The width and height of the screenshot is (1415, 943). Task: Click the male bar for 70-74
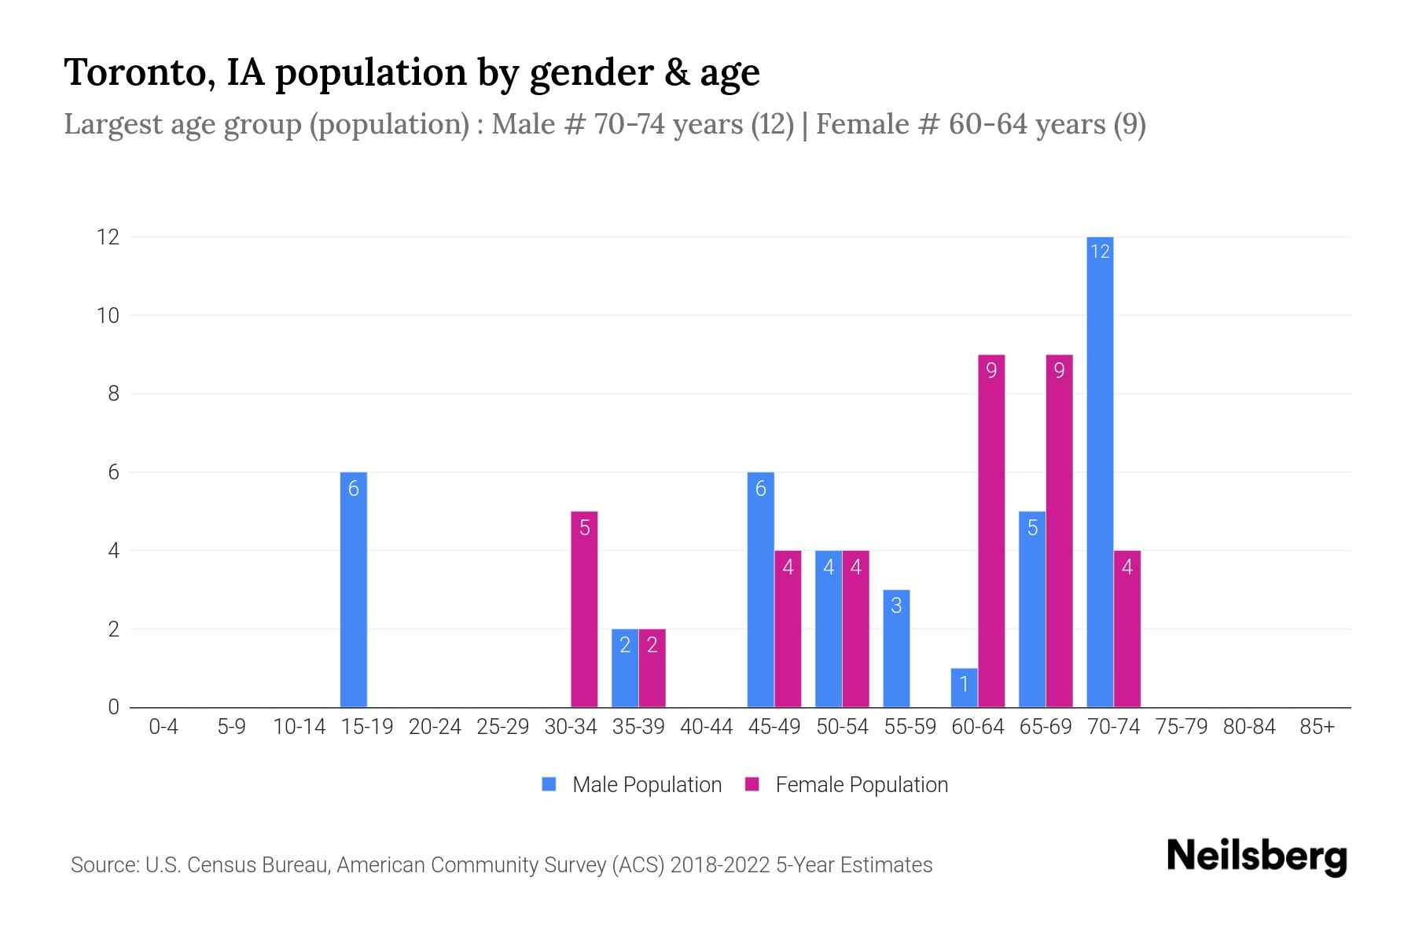click(1100, 472)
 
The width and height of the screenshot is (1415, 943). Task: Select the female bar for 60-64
click(991, 531)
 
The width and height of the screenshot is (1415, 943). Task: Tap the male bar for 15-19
click(354, 589)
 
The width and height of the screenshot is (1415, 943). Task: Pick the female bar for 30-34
click(584, 610)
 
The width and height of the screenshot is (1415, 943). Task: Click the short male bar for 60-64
click(965, 688)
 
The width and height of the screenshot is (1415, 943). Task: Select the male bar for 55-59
click(896, 649)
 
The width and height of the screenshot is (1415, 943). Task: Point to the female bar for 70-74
click(1127, 629)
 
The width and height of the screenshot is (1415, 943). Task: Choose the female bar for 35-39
click(652, 668)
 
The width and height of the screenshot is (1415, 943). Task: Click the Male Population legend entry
click(632, 784)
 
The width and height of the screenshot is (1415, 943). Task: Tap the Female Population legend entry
click(847, 784)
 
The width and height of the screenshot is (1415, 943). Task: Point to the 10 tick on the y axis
click(108, 316)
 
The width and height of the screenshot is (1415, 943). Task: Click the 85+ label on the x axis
click(1317, 727)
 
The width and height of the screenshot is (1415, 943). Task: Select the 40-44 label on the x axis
click(706, 727)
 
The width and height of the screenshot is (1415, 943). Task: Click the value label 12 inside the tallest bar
click(1100, 251)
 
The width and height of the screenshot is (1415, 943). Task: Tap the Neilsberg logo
click(1256, 857)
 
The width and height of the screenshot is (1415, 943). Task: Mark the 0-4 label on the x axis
click(164, 727)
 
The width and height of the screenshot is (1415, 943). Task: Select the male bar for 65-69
click(1032, 610)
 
